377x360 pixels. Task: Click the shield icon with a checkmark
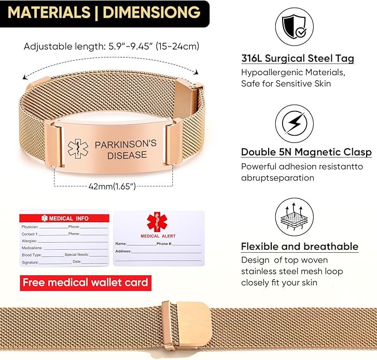point(295,26)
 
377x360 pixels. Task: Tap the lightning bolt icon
point(295,123)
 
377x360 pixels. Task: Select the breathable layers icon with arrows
point(295,217)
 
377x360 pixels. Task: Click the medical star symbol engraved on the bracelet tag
point(78,149)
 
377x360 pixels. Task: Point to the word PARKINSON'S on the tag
point(125,145)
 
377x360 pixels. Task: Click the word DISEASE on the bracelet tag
point(127,155)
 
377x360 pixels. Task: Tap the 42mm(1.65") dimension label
point(112,186)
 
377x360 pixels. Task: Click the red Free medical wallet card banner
point(86,283)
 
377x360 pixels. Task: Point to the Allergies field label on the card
point(30,241)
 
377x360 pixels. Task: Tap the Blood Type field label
point(32,255)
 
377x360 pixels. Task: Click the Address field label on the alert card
point(123,251)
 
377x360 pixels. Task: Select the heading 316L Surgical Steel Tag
point(298,59)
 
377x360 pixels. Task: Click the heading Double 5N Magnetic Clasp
point(306,152)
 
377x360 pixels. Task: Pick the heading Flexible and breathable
point(300,247)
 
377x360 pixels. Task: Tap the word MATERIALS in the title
point(49,12)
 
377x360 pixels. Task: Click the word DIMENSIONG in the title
point(151,12)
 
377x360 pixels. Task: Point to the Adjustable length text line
point(111,46)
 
